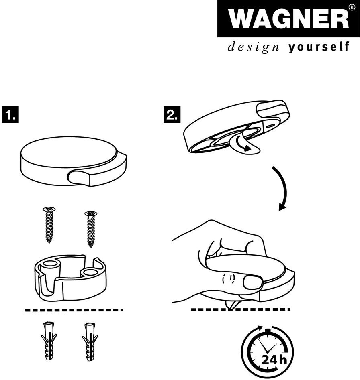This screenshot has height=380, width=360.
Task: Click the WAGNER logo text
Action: pos(288,20)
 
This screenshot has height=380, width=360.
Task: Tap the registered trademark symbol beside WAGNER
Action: pos(352,7)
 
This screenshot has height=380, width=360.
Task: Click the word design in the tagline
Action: pos(253,47)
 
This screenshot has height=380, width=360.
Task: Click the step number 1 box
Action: pos(10,114)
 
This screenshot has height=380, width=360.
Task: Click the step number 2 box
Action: pos(172,114)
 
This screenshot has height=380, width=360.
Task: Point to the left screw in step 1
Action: pos(49,225)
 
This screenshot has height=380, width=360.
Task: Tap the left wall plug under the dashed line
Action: pos(49,341)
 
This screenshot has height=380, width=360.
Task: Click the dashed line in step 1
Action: pos(74,310)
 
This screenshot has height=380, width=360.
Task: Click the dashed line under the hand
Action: pos(240,309)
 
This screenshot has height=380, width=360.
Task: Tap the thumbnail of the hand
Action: pos(253,282)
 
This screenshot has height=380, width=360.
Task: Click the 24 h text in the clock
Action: pos(274,360)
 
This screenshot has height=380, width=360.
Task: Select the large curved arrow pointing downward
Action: pos(281,188)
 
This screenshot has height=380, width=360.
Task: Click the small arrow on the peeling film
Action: pos(244,144)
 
